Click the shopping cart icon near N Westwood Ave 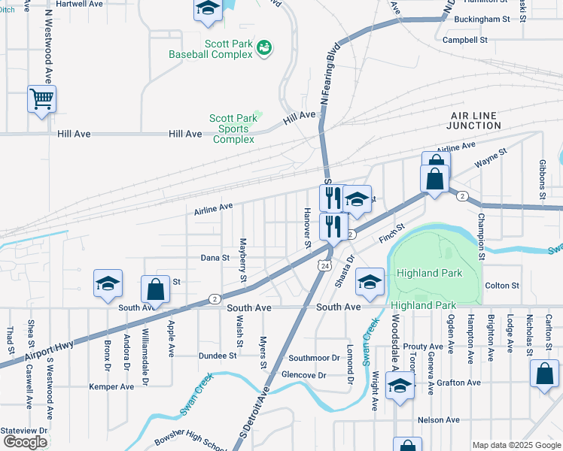click(x=41, y=98)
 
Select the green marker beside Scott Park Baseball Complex click(x=263, y=48)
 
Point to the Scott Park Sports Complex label click(x=233, y=129)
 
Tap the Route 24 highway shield click(x=324, y=266)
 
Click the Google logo click(x=25, y=442)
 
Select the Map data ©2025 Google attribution click(x=516, y=445)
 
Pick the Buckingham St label click(x=482, y=18)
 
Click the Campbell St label click(x=465, y=40)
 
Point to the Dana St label click(x=215, y=258)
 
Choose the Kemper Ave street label click(x=111, y=386)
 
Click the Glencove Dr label click(x=303, y=374)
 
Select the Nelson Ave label click(x=438, y=419)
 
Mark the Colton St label click(x=502, y=286)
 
